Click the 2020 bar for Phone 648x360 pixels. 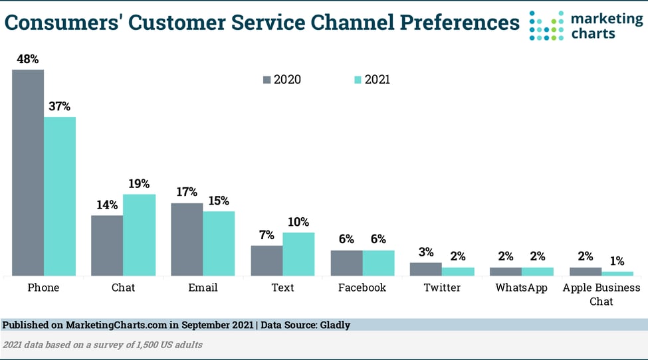coord(28,173)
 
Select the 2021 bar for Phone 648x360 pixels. coord(60,196)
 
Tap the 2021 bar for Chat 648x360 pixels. coord(140,235)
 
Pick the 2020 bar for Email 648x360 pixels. coord(187,239)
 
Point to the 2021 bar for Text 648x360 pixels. coord(298,254)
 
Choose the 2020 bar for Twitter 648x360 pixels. coord(426,269)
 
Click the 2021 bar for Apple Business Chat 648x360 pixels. coord(617,273)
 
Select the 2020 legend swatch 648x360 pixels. coord(267,80)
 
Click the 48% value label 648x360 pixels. coord(28,59)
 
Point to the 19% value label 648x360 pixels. coord(139,184)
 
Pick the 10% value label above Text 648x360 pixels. coord(298,223)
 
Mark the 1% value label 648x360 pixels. coord(617,261)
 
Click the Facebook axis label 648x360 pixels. coord(362,288)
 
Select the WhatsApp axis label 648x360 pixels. coord(522,288)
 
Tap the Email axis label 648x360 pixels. coord(203,288)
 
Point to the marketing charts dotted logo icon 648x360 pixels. coord(546,25)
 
